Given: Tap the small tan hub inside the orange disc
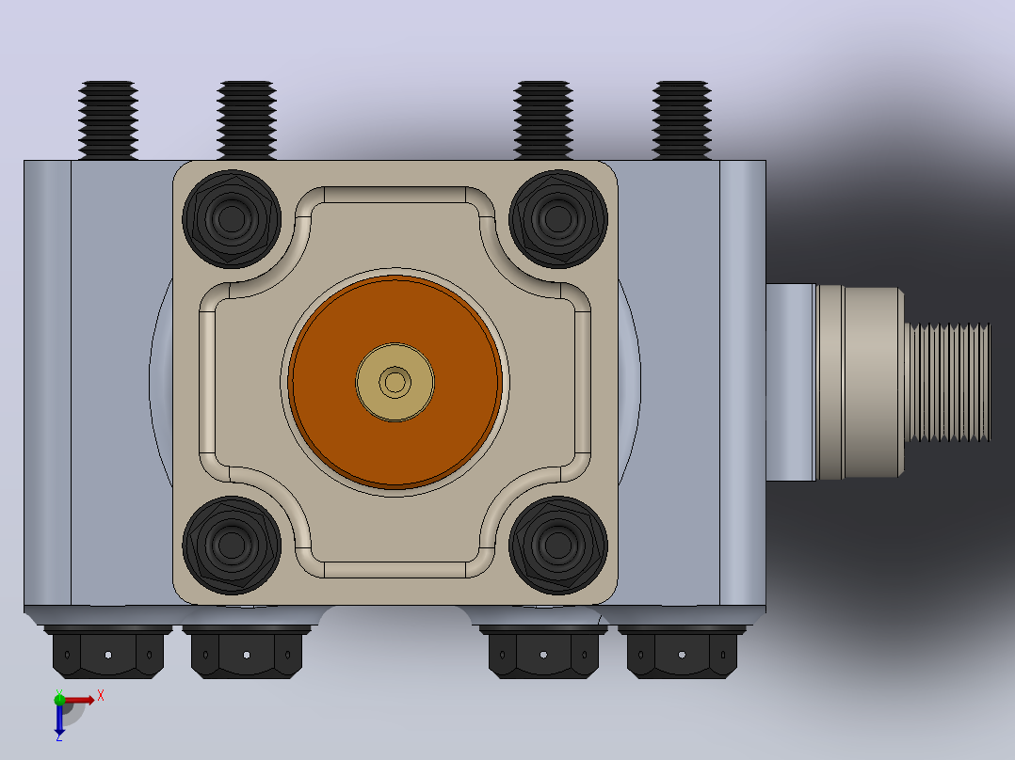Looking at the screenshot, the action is click(395, 382).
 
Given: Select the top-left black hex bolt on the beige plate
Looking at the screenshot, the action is click(232, 219).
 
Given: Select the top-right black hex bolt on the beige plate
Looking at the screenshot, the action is click(558, 219).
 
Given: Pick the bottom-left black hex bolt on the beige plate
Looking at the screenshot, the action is click(232, 546).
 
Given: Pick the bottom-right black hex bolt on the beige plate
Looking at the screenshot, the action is click(558, 546).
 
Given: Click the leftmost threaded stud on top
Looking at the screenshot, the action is click(108, 120).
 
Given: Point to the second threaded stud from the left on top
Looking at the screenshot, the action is click(247, 120).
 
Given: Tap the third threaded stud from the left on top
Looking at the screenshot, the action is click(543, 120).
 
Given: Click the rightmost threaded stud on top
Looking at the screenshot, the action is click(682, 120).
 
